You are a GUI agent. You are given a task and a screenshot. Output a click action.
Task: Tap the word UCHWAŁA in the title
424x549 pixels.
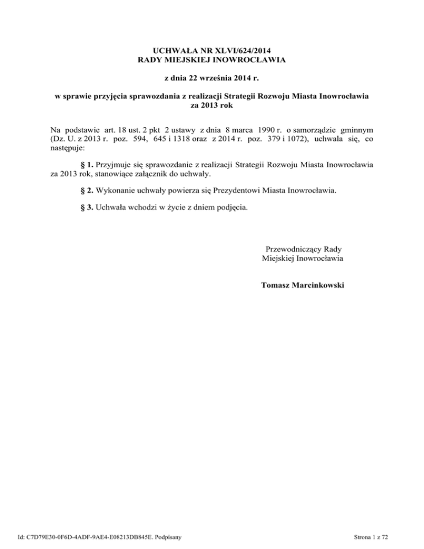pos(160,49)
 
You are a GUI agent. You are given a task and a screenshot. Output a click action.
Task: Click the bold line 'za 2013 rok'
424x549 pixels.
pos(212,105)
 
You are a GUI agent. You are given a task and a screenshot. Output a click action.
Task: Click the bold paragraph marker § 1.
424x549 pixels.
pos(87,165)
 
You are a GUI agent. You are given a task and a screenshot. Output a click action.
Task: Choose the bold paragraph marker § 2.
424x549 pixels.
pos(87,191)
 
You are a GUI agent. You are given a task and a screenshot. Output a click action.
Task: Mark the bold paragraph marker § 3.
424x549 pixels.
pos(87,208)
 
